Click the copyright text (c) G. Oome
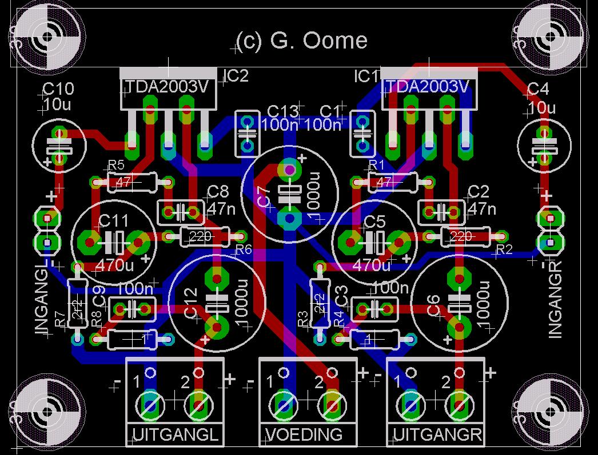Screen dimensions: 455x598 (301, 41)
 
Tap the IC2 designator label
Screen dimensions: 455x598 (236, 76)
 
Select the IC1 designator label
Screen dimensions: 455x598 (366, 76)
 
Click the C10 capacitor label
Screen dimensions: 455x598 (58, 89)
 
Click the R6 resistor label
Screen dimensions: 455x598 (244, 249)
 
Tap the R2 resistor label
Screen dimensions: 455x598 (504, 249)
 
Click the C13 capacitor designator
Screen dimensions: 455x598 (283, 111)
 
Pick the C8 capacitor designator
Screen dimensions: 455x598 (218, 191)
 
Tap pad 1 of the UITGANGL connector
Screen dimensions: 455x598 (150, 404)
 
